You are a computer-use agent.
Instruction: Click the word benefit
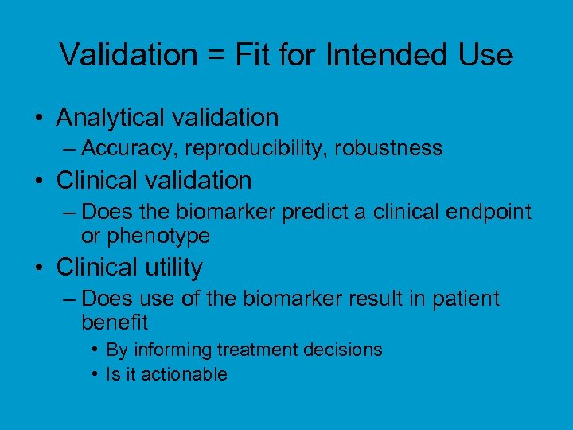pyautogui.click(x=115, y=322)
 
